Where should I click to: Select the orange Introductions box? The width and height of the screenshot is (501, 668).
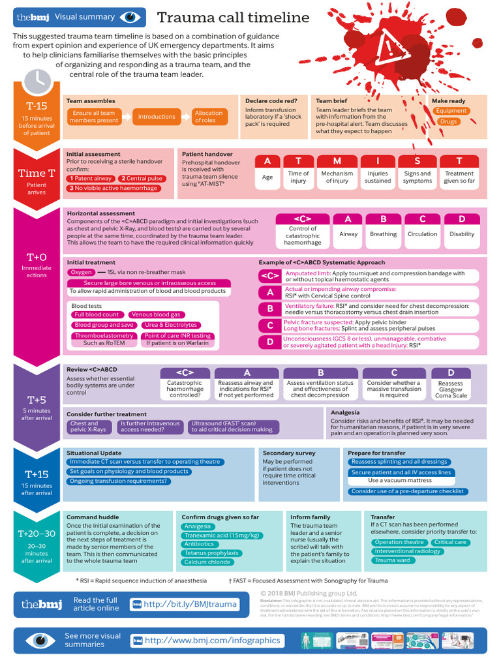(x=157, y=117)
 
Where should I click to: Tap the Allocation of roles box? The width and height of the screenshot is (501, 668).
(x=208, y=117)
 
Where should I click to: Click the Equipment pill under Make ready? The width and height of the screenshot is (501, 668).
(x=451, y=111)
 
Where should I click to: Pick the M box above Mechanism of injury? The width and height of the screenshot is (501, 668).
(x=337, y=160)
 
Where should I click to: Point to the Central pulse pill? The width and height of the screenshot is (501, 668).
(x=143, y=178)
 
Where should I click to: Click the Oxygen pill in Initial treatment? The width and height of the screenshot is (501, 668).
(x=82, y=272)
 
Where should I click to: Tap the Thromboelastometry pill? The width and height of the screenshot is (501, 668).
(x=104, y=336)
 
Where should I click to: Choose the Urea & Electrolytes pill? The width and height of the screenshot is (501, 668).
(x=170, y=325)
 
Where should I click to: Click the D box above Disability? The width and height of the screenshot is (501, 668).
(x=462, y=219)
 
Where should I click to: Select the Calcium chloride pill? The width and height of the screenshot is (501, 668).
(x=207, y=562)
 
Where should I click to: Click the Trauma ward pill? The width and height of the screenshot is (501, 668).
(x=392, y=560)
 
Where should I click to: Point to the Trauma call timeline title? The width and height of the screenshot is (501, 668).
(x=233, y=18)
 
